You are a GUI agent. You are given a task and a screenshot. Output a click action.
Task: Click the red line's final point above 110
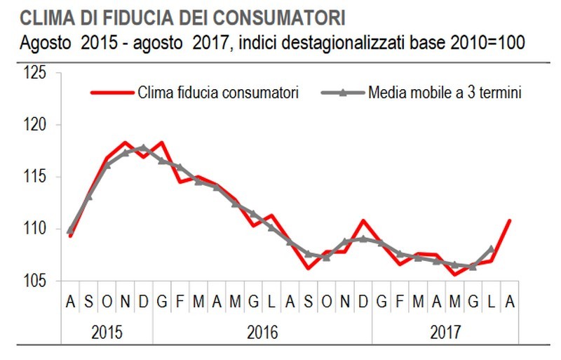(x=510, y=220)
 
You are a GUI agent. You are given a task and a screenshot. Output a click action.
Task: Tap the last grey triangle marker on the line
(x=491, y=248)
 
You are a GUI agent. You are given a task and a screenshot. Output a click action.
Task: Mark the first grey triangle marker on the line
(x=70, y=229)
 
